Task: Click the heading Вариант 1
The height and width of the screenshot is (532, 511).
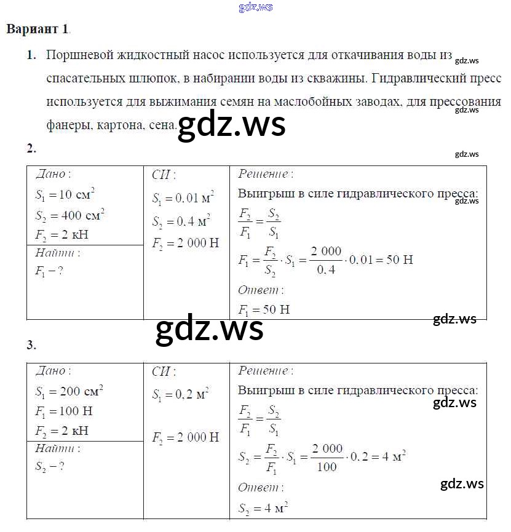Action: click(38, 29)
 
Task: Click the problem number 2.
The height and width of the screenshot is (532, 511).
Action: click(31, 148)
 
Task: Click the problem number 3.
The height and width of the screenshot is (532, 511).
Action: click(31, 345)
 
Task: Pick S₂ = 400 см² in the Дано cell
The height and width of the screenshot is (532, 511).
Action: click(69, 216)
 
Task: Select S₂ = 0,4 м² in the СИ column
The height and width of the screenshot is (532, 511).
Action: click(181, 221)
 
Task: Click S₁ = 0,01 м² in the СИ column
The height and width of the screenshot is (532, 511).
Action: click(183, 199)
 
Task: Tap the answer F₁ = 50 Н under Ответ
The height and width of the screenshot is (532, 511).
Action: click(264, 309)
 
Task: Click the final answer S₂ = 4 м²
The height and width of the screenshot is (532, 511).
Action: click(264, 508)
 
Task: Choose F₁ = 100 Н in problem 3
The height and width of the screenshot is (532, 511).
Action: click(64, 411)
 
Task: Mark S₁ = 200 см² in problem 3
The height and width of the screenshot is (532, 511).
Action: click(69, 391)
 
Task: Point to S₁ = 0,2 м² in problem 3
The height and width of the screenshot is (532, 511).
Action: click(181, 394)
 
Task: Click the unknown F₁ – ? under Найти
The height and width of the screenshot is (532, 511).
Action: click(49, 271)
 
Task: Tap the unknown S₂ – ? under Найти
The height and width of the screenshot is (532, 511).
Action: click(50, 466)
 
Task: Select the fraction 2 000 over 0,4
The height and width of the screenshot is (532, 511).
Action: click(326, 259)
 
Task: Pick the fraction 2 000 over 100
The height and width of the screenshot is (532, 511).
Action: click(327, 457)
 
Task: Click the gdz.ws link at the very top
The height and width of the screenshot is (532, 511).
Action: click(255, 7)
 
